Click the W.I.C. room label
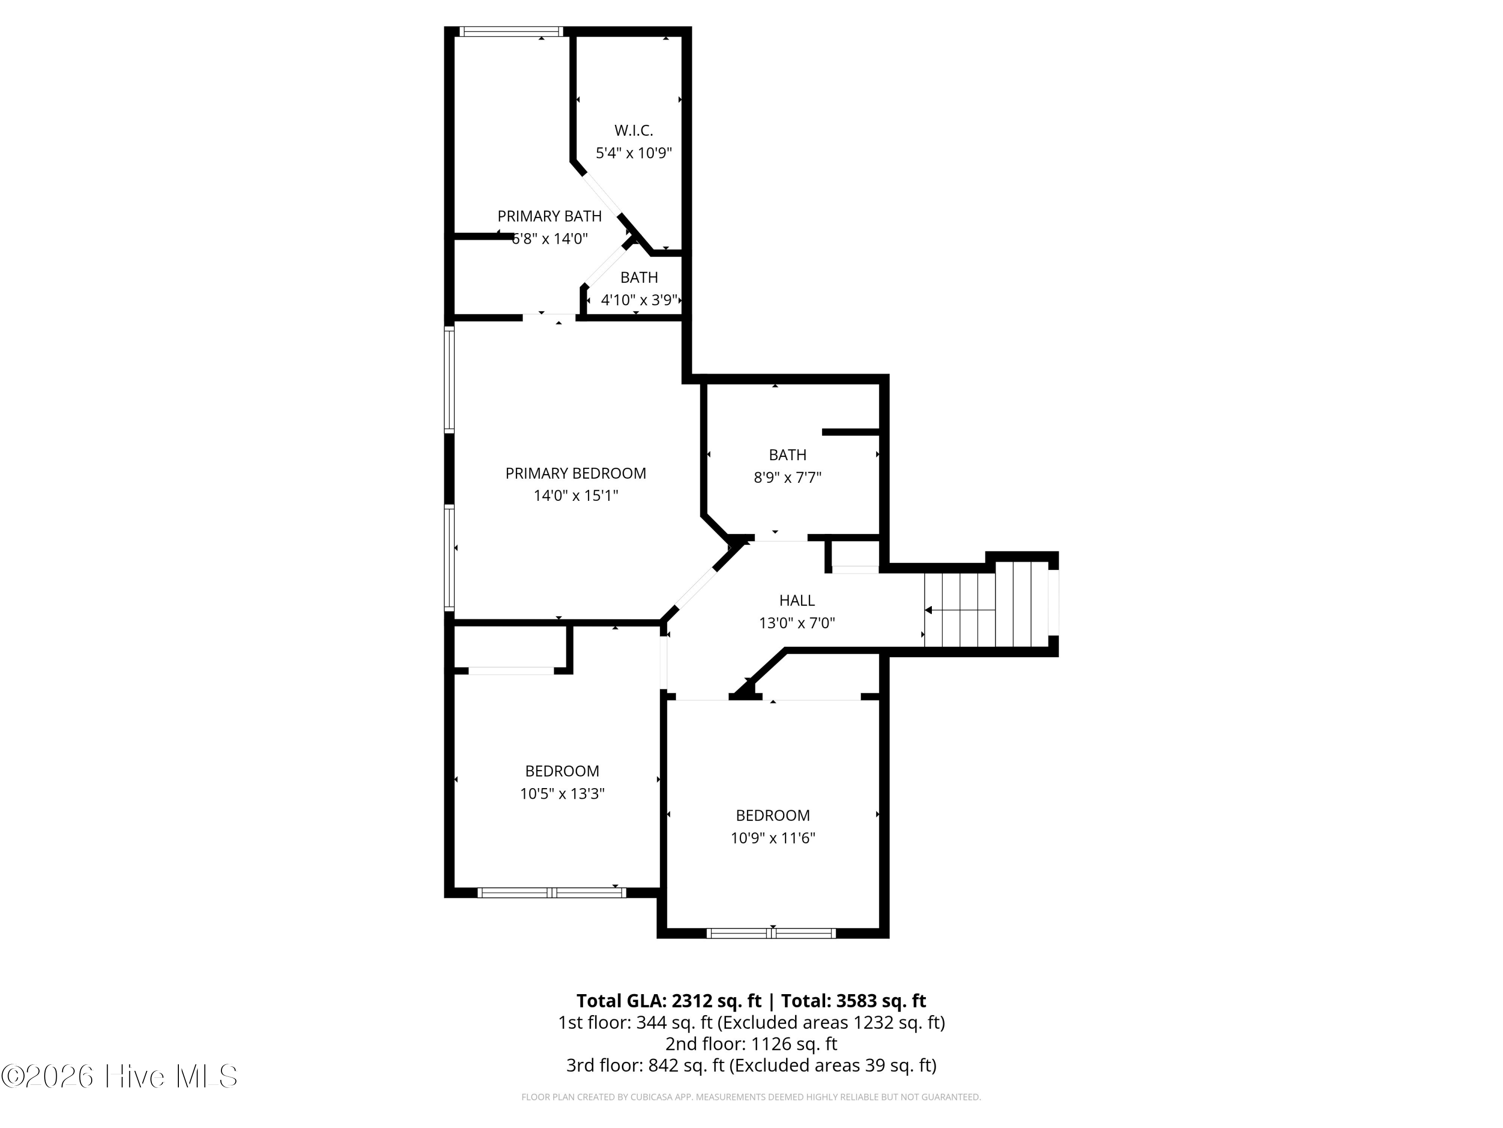(x=633, y=130)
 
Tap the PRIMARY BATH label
(x=549, y=216)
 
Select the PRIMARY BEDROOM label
(x=576, y=473)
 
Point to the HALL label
(x=797, y=601)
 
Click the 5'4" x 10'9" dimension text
(x=633, y=153)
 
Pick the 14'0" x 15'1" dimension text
(x=576, y=496)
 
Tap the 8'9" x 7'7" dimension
(x=787, y=477)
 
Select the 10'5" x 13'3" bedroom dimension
(x=562, y=794)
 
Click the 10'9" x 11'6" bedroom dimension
(x=773, y=838)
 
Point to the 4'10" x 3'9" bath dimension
(x=639, y=300)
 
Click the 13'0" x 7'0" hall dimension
(x=797, y=623)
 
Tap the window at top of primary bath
(x=511, y=31)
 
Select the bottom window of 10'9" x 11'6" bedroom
(x=771, y=933)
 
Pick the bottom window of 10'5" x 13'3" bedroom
(x=552, y=893)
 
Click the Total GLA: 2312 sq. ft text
(x=669, y=1001)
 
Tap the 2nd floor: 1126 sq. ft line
(x=751, y=1044)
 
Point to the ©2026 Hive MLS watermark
(x=120, y=1076)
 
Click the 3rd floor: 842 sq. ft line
(x=751, y=1065)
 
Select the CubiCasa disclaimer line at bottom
(x=751, y=1097)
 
